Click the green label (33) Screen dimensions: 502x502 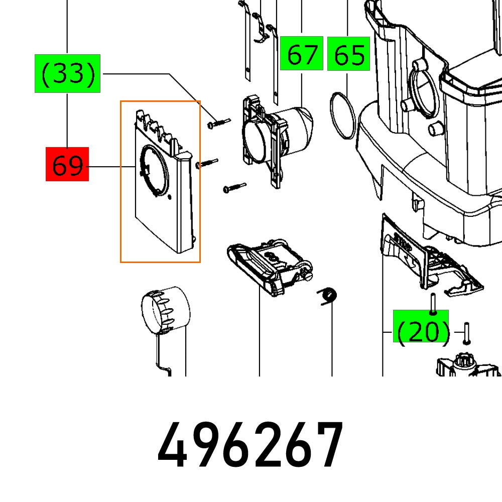coord(67,74)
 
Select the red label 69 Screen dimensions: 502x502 coord(67,164)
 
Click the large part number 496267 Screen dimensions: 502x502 coord(250,445)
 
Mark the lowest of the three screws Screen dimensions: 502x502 coord(234,187)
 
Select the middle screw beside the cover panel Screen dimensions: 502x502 coord(208,163)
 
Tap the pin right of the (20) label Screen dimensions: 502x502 coord(466,333)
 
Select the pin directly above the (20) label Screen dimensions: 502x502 coord(431,303)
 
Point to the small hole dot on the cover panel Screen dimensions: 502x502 coord(170,197)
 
